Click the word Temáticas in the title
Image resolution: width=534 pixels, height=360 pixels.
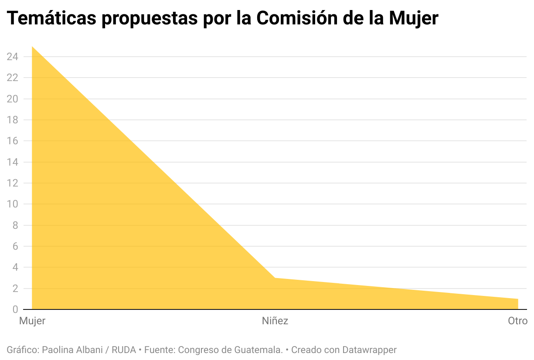(51, 18)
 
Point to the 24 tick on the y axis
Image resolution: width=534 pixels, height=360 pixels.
(12, 57)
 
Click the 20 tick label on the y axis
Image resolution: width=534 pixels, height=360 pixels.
(12, 99)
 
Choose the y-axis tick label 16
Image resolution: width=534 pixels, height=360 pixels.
(12, 141)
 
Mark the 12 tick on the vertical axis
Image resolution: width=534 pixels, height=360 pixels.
(12, 183)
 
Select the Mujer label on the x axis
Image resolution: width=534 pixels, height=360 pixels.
(32, 321)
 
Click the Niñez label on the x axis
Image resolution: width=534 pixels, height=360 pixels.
(275, 321)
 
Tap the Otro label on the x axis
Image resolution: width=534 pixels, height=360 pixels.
(517, 321)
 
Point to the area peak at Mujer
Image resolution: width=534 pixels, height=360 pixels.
(33, 47)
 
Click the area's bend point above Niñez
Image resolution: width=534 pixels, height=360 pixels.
(275, 278)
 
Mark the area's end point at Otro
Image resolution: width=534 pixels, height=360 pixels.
(517, 299)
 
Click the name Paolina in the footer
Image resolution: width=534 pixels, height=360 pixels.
(58, 350)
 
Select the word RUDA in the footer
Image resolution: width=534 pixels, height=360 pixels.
(124, 350)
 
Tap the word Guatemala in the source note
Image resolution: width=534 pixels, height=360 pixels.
(258, 350)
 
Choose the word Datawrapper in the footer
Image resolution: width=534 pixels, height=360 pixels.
(369, 350)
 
